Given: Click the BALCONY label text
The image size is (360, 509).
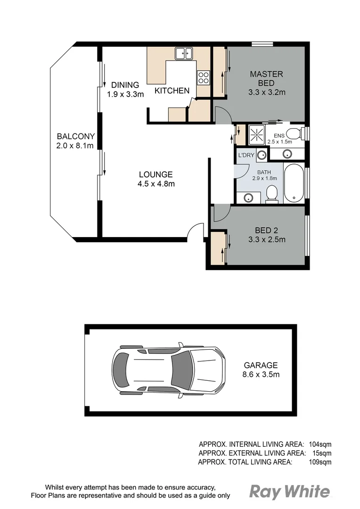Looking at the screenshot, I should tap(75, 136).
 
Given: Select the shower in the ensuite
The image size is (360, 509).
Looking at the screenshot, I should tap(257, 135).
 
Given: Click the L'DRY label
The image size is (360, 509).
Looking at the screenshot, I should tap(246, 155).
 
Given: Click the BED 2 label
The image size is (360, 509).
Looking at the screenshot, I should tap(267, 230).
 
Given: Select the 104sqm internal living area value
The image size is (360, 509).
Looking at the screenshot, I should tap(320, 444).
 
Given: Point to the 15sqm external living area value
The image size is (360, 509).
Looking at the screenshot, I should tap(322, 453).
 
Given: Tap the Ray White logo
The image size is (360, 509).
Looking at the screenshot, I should tap(289, 492).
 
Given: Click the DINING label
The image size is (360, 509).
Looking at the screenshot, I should tap(125, 85).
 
